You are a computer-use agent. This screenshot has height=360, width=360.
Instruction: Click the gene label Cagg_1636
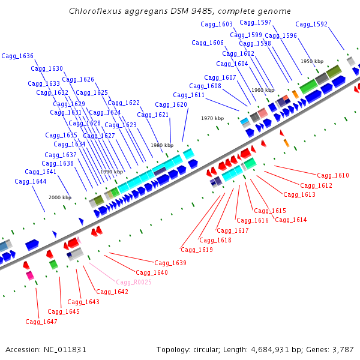pyautogui.click(x=17, y=56)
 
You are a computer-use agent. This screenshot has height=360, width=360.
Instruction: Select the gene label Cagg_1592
pyautogui.click(x=311, y=25)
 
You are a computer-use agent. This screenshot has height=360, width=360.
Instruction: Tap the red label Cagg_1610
pyautogui.click(x=333, y=176)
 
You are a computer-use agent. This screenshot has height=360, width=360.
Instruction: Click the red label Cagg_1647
pyautogui.click(x=41, y=322)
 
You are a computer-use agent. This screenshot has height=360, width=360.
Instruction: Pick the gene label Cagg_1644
pyautogui.click(x=31, y=181)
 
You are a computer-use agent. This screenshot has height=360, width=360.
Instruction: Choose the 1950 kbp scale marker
pyautogui.click(x=312, y=61)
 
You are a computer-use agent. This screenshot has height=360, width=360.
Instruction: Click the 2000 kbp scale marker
pyautogui.click(x=59, y=197)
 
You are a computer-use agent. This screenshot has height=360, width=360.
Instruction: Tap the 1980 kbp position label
pyautogui.click(x=162, y=145)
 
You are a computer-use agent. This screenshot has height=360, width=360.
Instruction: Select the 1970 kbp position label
pyautogui.click(x=212, y=118)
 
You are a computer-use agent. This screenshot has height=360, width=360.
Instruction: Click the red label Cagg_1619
pyautogui.click(x=197, y=250)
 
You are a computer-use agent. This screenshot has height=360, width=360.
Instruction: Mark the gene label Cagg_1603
pyautogui.click(x=217, y=24)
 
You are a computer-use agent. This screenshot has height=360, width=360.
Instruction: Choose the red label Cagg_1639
pyautogui.click(x=170, y=263)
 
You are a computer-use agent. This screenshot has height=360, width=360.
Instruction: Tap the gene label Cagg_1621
pyautogui.click(x=152, y=115)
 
